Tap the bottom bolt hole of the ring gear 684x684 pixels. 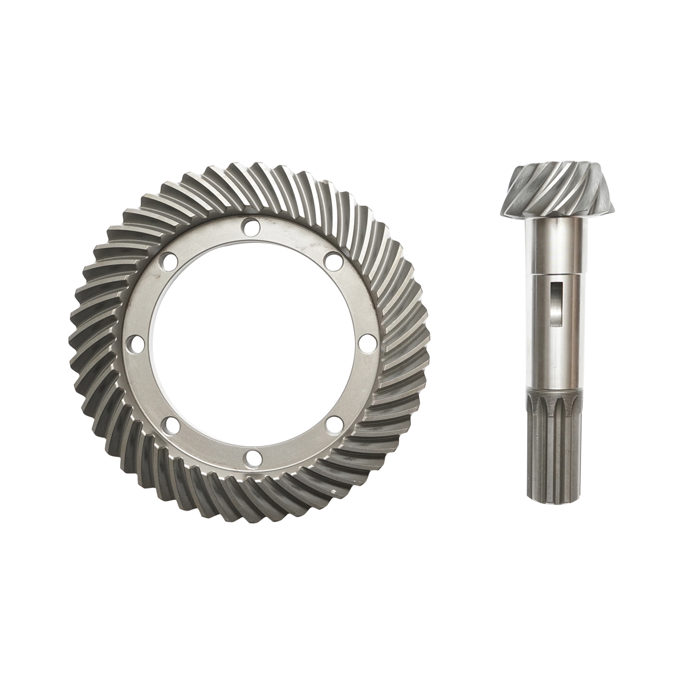click(x=252, y=457)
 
